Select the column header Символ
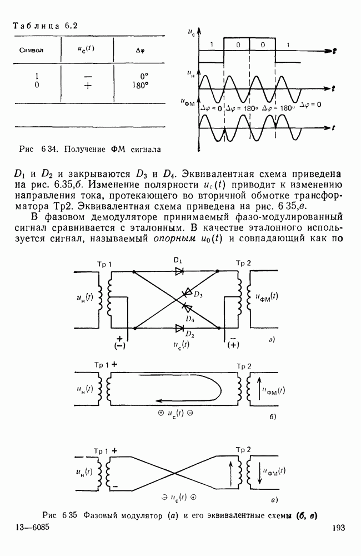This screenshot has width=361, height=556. [32, 50]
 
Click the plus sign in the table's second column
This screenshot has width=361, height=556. [86, 85]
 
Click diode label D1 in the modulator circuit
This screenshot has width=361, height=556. [178, 261]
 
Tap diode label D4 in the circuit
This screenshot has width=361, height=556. [191, 319]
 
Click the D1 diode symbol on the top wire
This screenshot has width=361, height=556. [179, 271]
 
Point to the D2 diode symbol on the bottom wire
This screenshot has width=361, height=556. [179, 327]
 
